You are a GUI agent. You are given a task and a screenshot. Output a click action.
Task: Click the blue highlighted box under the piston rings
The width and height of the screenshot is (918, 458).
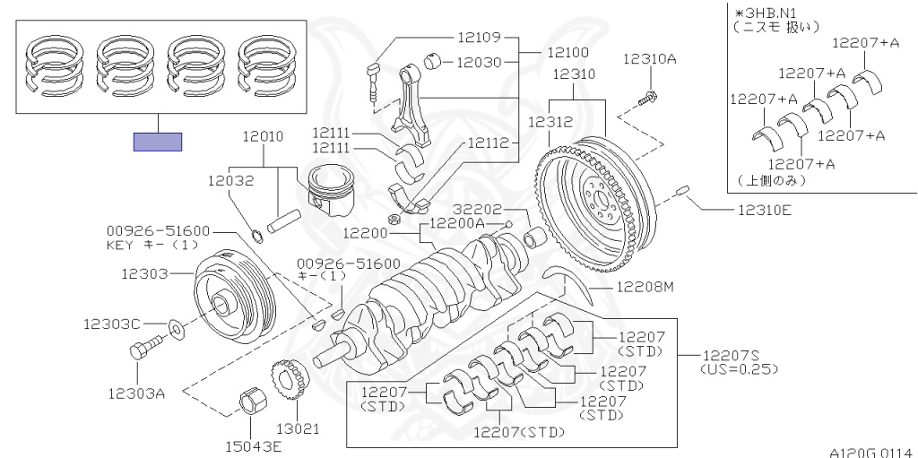[x=158, y=142]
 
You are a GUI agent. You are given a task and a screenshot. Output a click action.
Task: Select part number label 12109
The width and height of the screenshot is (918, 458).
[x=479, y=38]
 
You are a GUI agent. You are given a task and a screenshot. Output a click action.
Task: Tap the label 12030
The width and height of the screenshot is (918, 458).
[x=479, y=62]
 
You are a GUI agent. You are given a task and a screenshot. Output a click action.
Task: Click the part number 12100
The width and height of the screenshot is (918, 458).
[x=567, y=52]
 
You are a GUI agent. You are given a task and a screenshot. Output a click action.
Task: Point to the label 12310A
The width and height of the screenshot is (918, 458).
[x=649, y=58]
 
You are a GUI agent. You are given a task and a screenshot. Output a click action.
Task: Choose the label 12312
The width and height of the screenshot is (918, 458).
[x=551, y=121]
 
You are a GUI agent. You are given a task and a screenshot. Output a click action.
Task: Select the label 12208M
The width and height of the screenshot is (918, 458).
[x=643, y=287]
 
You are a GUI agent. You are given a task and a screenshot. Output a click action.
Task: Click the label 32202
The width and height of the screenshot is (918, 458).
[x=477, y=210]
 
